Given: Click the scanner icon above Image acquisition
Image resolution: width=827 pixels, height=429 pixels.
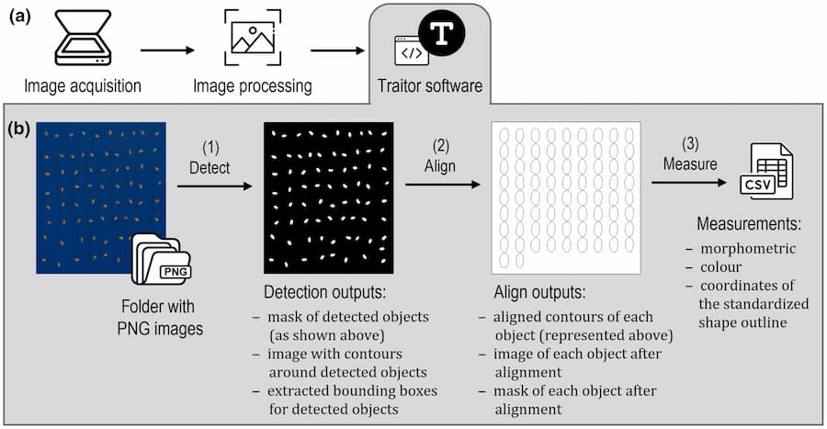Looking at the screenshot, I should (83, 40).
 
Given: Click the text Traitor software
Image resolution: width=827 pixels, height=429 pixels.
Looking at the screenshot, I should (430, 87).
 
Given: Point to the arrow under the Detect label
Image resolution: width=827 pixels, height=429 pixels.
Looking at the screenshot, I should (213, 186).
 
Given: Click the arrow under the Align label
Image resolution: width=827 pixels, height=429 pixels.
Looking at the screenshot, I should (442, 185).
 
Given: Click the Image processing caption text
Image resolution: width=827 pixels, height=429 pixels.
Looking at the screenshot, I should (253, 87).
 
